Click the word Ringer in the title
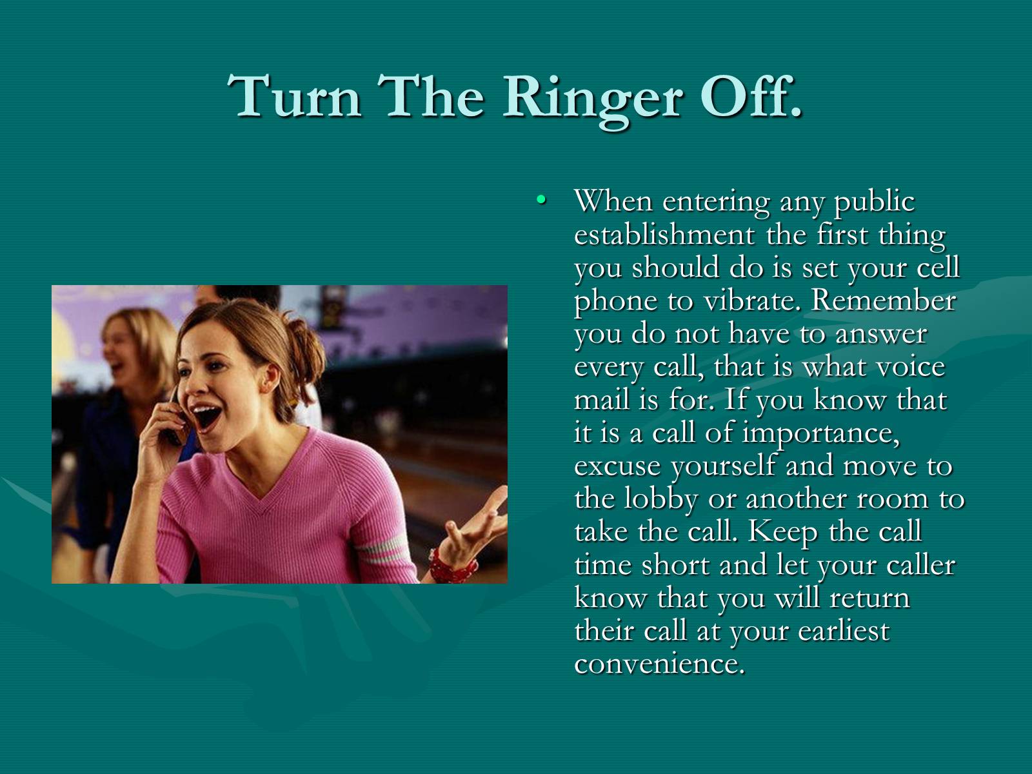coord(591,100)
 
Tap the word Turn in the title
coord(294,96)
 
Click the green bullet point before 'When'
coord(541,200)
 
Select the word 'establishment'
coord(664,234)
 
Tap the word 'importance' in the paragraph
coord(820,434)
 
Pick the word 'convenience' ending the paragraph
coord(660,664)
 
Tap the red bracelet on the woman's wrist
coord(452,566)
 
